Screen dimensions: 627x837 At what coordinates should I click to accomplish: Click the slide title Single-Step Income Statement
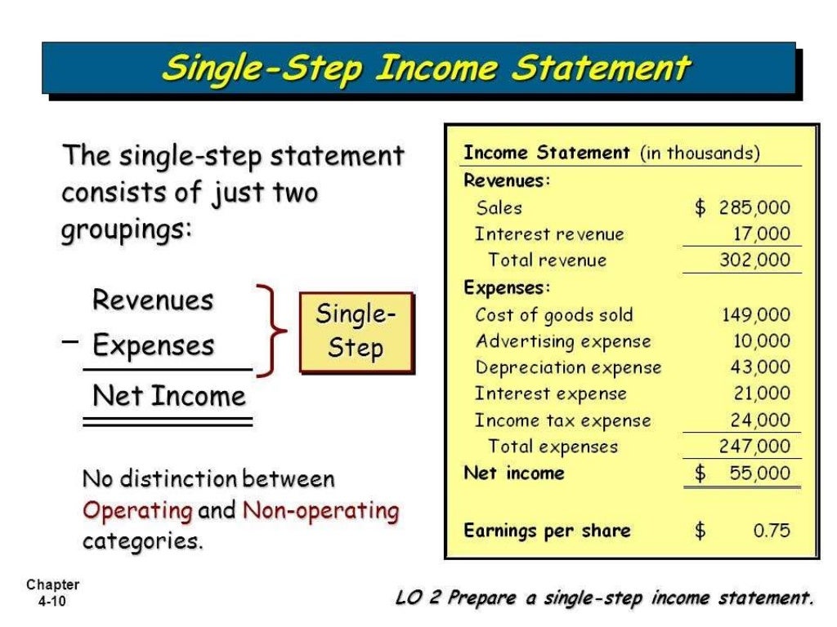pyautogui.click(x=426, y=68)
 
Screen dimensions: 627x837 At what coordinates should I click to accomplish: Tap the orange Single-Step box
pyautogui.click(x=356, y=331)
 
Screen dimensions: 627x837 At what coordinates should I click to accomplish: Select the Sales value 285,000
pyautogui.click(x=754, y=207)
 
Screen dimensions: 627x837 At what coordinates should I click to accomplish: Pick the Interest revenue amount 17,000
pyautogui.click(x=761, y=234)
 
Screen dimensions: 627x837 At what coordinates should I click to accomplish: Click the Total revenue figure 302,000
pyautogui.click(x=754, y=260)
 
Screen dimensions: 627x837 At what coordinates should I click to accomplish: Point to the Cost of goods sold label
pyautogui.click(x=553, y=315)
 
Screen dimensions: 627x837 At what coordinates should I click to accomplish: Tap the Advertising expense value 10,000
pyautogui.click(x=761, y=341)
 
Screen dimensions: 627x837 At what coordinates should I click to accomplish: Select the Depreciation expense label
pyautogui.click(x=568, y=367)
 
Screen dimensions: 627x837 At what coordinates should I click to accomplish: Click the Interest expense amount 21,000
pyautogui.click(x=761, y=394)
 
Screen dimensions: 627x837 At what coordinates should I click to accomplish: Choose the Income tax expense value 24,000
pyautogui.click(x=761, y=420)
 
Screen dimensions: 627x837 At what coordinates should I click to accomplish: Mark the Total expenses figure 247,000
pyautogui.click(x=754, y=447)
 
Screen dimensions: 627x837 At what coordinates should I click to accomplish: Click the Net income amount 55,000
pyautogui.click(x=759, y=474)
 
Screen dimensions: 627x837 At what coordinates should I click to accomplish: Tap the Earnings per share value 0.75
pyautogui.click(x=772, y=531)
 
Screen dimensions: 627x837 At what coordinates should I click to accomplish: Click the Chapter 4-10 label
pyautogui.click(x=52, y=594)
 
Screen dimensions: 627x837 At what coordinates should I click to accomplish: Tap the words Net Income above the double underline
pyautogui.click(x=169, y=397)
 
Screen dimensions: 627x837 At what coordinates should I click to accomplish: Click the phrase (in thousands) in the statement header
pyautogui.click(x=700, y=153)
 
